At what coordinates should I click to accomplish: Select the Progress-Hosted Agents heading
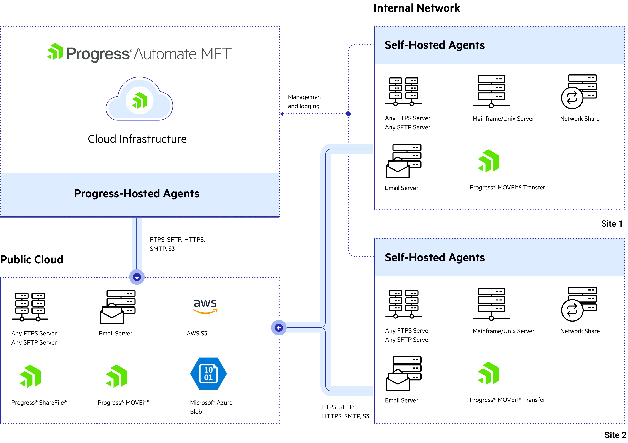click(137, 194)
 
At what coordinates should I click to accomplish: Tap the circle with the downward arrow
click(137, 277)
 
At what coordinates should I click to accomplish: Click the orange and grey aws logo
click(205, 306)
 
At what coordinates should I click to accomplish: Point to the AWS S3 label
click(197, 333)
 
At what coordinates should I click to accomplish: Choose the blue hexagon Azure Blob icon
click(208, 374)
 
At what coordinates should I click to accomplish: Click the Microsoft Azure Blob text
click(211, 407)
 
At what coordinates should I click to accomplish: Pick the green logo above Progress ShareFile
click(30, 376)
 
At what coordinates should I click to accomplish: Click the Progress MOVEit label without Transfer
click(123, 403)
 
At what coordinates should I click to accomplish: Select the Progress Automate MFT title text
click(149, 54)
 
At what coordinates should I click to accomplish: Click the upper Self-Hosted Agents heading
click(434, 45)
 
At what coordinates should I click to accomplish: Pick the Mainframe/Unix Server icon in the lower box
click(491, 304)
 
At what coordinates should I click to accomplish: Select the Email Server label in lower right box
click(401, 400)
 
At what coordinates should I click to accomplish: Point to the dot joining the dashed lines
click(348, 114)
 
